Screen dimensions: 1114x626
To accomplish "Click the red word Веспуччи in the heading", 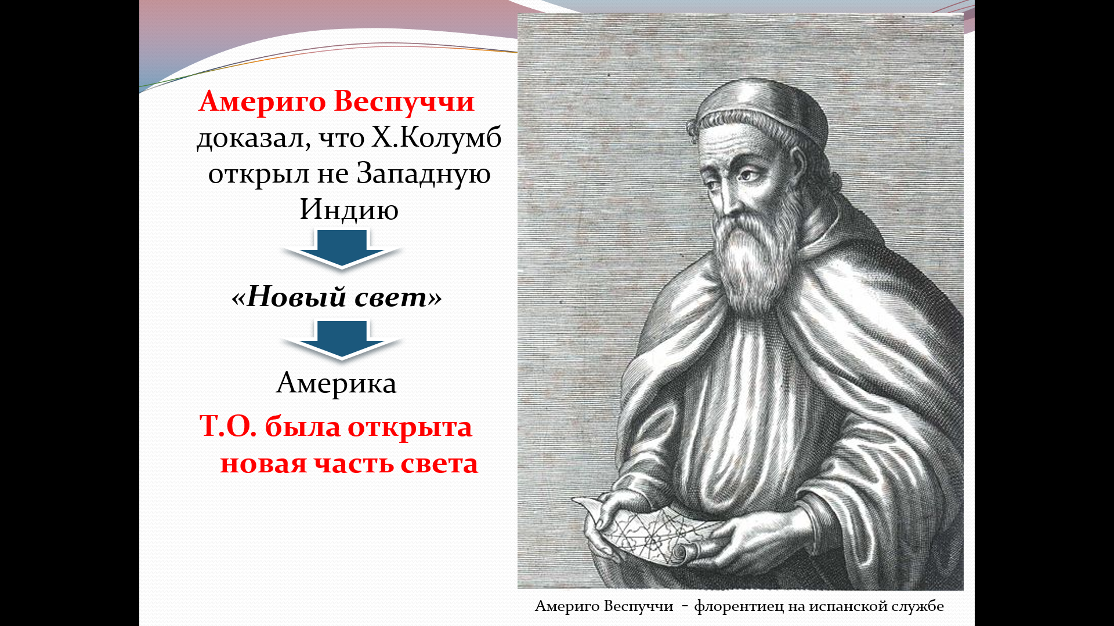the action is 404,102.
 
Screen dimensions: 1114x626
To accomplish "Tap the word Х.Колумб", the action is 436,138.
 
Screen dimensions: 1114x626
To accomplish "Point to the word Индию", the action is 349,210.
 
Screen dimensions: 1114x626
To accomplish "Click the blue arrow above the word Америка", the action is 341,340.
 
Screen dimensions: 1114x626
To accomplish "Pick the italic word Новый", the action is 296,297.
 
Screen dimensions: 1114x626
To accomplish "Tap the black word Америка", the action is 337,383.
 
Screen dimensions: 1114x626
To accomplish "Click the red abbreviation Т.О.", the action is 228,427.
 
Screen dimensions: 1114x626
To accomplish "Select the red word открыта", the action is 410,428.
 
